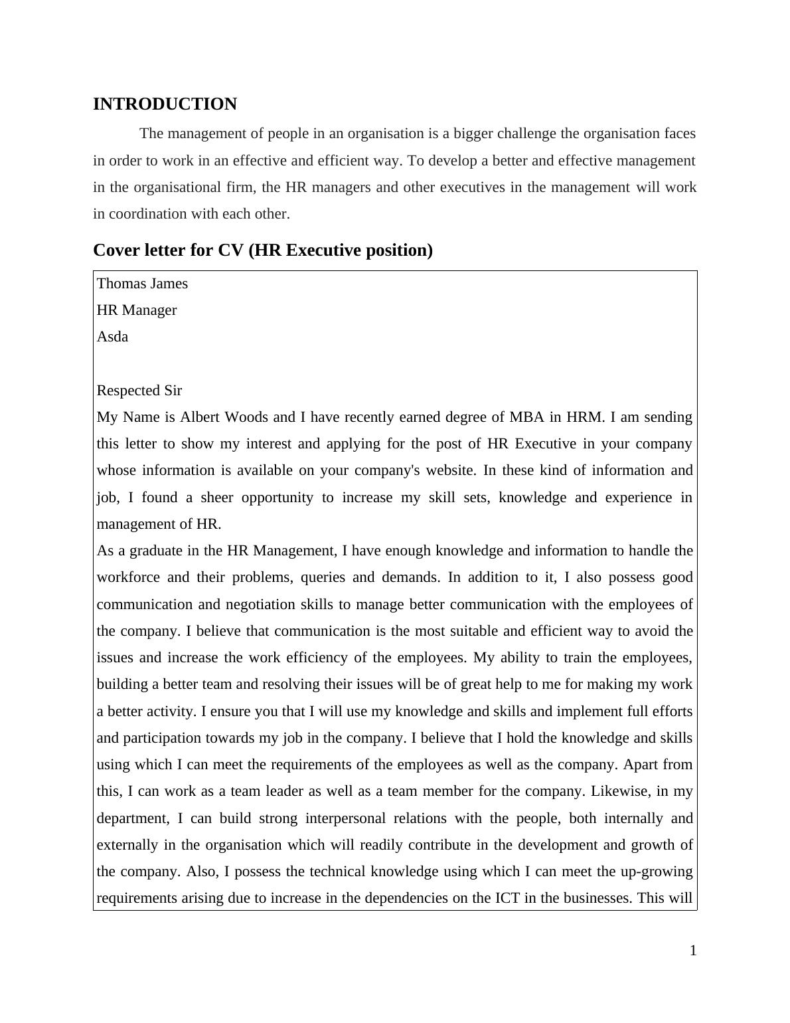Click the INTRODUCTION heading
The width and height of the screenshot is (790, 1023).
(165, 104)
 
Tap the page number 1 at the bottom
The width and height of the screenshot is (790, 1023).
(693, 951)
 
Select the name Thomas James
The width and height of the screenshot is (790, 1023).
(142, 284)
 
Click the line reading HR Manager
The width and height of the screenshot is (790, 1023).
(137, 310)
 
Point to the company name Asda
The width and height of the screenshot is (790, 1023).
(112, 337)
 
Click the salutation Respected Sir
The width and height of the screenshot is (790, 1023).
(139, 391)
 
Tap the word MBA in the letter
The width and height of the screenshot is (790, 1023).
(526, 417)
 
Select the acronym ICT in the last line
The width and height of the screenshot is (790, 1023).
(507, 898)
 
